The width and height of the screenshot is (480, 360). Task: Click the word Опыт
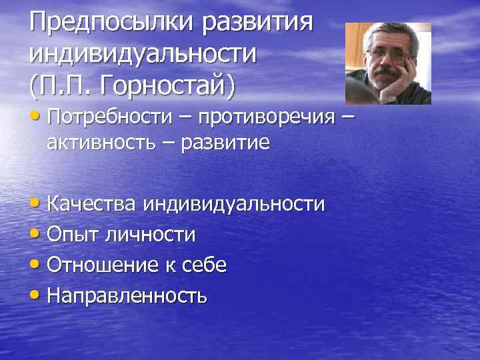[69, 234]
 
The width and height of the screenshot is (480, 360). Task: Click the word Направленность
[127, 295]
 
